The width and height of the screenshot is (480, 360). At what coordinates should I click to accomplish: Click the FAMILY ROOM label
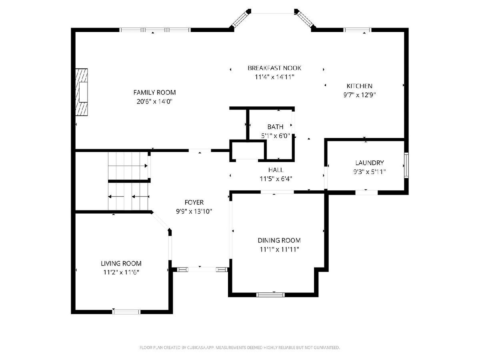154,92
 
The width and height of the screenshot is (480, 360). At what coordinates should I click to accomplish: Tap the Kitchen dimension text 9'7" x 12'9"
359,95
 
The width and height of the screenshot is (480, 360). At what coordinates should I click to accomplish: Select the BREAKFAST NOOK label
274,68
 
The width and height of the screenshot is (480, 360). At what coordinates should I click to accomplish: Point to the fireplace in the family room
82,92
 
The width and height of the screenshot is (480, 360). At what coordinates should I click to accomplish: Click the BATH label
275,127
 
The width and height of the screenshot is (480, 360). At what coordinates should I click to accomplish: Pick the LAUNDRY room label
369,163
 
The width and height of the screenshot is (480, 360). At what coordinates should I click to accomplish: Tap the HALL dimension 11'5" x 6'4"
276,179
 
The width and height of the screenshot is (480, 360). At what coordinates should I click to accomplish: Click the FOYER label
194,202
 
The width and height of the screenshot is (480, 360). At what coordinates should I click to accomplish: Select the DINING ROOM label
279,240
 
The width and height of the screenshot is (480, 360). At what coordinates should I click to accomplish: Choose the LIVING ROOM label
121,263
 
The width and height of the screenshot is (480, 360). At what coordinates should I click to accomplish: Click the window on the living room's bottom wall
126,312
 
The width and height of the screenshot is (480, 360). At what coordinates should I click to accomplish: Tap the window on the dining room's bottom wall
270,295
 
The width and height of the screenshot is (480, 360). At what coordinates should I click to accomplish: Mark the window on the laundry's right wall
406,165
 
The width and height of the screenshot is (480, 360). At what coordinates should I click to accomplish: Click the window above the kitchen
357,30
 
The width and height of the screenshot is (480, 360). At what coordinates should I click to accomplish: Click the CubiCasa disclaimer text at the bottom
240,348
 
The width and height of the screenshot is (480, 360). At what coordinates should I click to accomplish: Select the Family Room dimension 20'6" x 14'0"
154,102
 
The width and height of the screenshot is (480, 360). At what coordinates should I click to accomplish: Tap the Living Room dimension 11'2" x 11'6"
121,272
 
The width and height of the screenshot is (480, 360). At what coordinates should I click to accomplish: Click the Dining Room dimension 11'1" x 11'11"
279,249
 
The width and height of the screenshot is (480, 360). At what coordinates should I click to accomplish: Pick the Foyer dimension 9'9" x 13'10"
194,211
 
